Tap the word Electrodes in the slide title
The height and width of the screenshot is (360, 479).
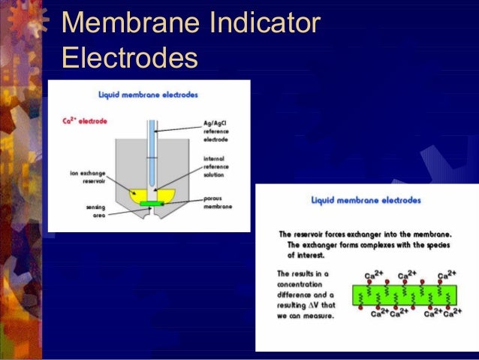130,57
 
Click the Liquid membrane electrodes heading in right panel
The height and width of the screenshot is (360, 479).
366,201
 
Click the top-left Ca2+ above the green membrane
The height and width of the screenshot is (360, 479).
367,275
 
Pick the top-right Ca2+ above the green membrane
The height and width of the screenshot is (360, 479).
447,275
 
